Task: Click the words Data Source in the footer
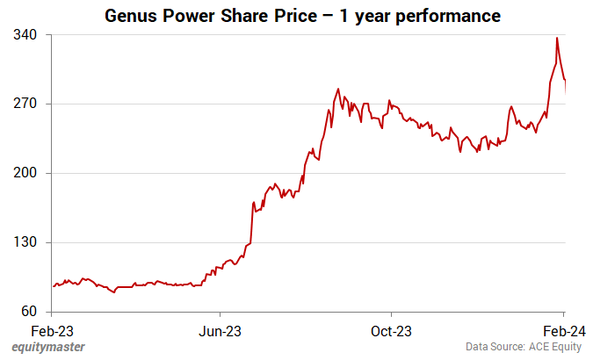tap(495, 348)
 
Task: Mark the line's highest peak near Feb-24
tap(557, 38)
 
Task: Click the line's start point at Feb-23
tap(53, 286)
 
